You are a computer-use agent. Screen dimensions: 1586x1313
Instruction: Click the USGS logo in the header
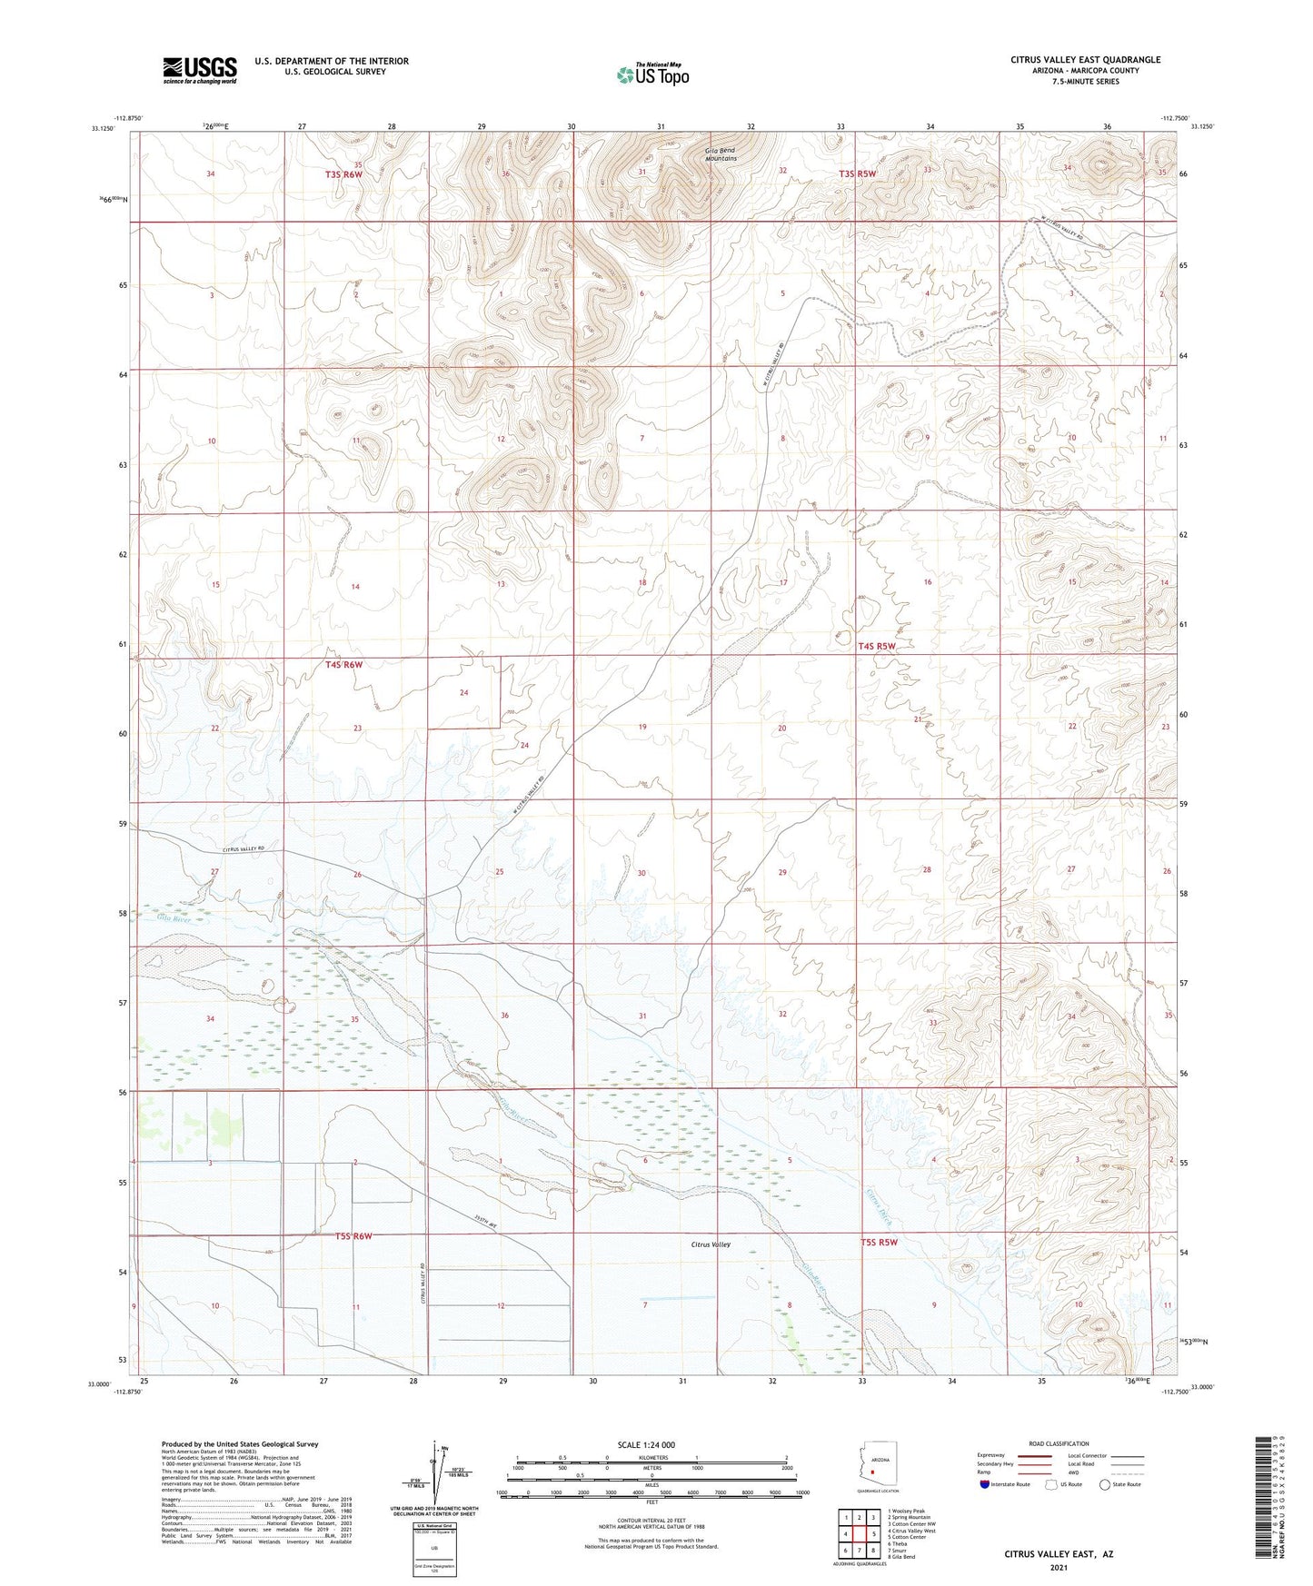pos(200,70)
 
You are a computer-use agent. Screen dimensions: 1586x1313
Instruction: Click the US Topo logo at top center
pos(652,74)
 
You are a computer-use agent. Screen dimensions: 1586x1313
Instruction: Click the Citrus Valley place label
pos(711,1244)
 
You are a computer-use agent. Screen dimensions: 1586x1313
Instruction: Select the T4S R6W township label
pos(343,665)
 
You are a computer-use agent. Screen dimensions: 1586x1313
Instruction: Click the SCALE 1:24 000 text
pos(646,1444)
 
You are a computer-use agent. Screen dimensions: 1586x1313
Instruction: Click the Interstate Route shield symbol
pos(986,1485)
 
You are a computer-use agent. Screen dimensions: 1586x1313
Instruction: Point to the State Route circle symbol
pos(1106,1485)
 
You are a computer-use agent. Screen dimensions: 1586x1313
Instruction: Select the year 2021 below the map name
pos(1058,1568)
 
